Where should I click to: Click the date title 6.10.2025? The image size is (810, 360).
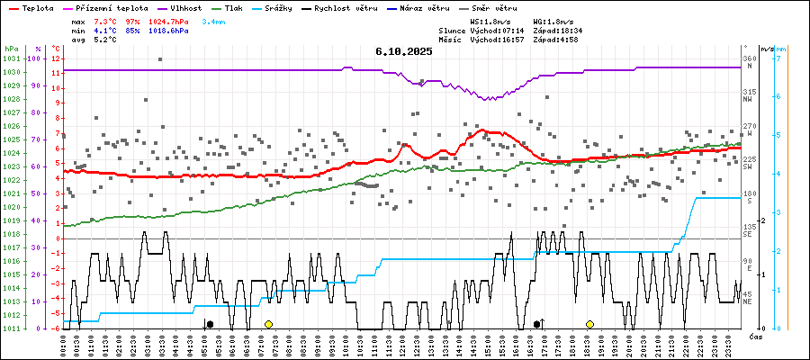404,51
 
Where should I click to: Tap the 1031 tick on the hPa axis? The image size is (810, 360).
11,58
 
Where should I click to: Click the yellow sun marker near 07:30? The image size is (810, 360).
268,324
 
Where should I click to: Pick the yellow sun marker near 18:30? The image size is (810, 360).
589,324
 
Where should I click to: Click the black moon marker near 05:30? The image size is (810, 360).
210,324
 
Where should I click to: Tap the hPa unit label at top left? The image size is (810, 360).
10,49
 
